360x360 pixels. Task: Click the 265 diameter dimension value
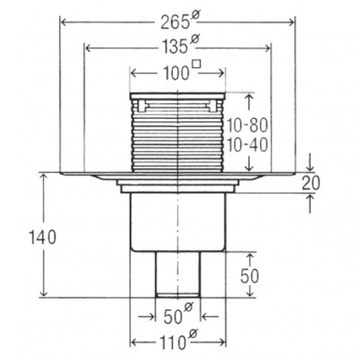pos(174,23)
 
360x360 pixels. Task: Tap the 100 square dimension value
pos(176,73)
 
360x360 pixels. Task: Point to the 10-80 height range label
pos(247,125)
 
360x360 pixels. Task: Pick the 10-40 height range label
pos(247,145)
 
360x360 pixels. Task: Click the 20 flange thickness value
pos(311,183)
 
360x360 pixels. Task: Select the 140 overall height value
pos(42,237)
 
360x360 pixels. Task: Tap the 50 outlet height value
pos(250,276)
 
